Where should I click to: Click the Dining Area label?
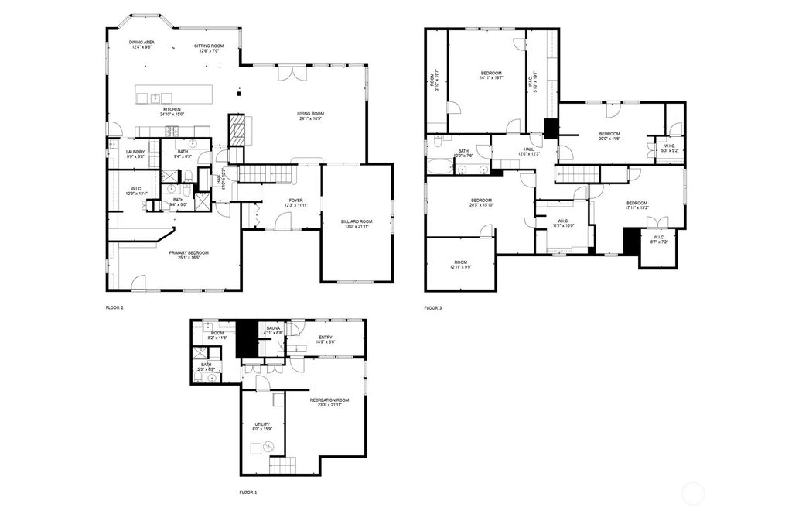(142, 42)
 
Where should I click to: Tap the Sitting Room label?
(209, 46)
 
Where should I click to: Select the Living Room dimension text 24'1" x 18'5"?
(310, 118)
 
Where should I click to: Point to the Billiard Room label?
(357, 221)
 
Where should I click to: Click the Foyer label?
(296, 200)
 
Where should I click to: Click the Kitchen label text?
(170, 109)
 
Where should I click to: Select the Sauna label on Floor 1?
(273, 328)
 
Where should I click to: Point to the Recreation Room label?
(329, 400)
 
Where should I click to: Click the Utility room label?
(262, 424)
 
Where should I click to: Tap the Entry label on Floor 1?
(326, 338)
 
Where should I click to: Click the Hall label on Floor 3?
(528, 149)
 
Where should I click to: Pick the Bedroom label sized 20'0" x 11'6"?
(610, 134)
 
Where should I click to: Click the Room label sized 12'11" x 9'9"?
(461, 262)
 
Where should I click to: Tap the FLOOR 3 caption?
(432, 308)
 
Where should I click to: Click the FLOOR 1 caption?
(247, 492)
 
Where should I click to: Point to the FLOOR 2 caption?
(114, 308)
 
